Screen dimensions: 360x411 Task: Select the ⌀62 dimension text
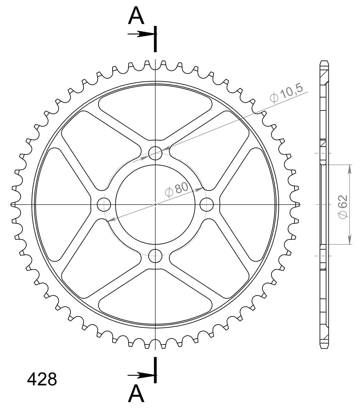[x=343, y=207]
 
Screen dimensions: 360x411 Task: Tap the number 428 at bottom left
[x=42, y=379]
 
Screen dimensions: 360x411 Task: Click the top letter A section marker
[x=136, y=15]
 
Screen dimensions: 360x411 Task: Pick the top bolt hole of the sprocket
[x=155, y=153]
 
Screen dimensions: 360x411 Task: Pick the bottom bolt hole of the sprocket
[x=155, y=256]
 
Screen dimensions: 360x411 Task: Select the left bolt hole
[x=104, y=205]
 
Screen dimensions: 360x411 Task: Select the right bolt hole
[x=207, y=205]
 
